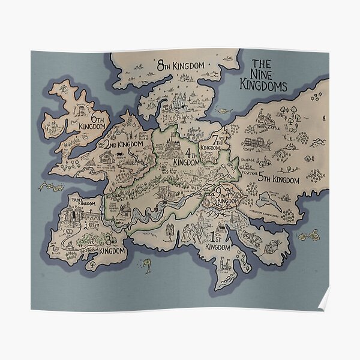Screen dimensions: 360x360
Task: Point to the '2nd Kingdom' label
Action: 124,144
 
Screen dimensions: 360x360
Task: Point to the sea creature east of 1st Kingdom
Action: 309,236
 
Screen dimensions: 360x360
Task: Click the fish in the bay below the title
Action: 224,110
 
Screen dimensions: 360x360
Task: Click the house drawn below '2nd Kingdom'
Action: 107,158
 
